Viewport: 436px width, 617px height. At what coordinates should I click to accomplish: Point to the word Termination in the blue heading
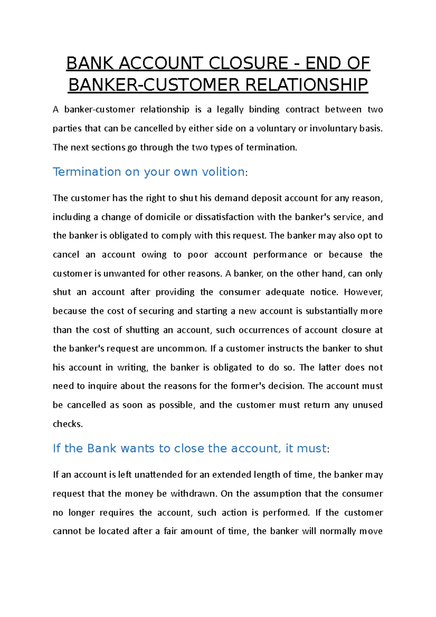87,172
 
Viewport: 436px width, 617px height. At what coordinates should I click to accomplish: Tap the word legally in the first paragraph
230,110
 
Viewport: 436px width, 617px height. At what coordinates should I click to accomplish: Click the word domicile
163,217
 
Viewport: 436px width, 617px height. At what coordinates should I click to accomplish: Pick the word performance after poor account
280,255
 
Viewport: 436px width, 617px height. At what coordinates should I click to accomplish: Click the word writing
132,368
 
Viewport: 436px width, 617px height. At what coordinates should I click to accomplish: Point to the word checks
68,424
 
